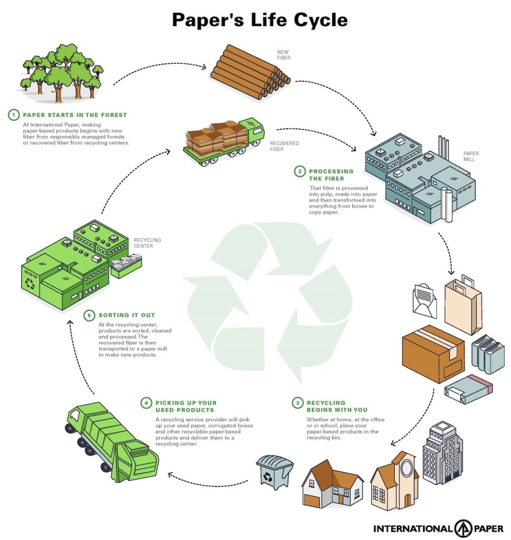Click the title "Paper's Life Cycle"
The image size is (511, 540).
(x=260, y=21)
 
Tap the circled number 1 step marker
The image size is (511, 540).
(x=13, y=114)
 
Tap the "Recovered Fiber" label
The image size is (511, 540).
(x=284, y=146)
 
